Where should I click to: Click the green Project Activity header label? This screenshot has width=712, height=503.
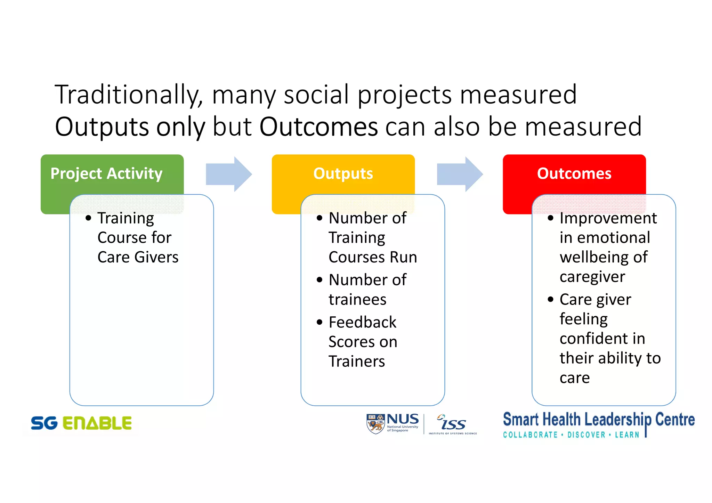(106, 173)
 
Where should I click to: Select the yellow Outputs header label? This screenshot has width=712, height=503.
(343, 173)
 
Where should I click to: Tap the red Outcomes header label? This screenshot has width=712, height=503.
(574, 173)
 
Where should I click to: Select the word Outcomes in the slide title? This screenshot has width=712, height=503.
(318, 127)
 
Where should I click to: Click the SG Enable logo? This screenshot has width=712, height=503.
(81, 423)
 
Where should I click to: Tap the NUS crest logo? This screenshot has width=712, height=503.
(375, 424)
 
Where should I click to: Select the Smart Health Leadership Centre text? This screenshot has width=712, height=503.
(598, 420)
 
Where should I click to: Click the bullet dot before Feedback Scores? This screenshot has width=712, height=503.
(319, 322)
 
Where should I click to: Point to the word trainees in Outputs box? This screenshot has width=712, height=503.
(357, 300)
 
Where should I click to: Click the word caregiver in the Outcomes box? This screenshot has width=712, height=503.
(592, 277)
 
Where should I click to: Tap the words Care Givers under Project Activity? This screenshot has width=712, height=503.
(138, 258)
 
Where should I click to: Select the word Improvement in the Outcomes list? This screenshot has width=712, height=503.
(608, 218)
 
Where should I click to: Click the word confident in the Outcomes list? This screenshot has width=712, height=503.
(602, 339)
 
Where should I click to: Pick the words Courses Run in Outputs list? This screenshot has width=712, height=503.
(373, 258)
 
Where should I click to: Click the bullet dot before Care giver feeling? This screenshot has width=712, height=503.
(550, 299)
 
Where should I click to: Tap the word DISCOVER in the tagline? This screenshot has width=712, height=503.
(586, 435)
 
